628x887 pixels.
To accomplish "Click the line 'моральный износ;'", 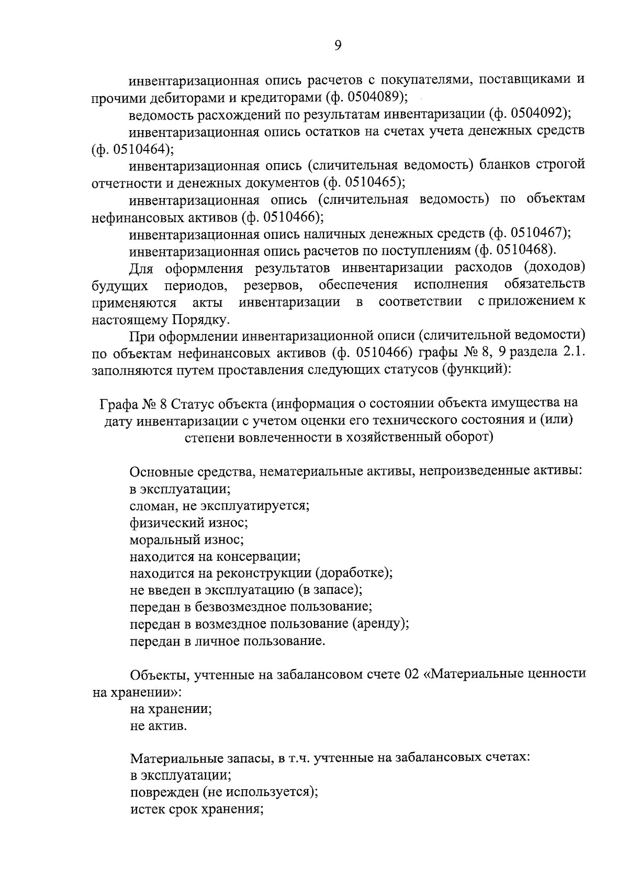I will point(187,539).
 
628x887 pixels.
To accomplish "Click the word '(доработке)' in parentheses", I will point(354,573).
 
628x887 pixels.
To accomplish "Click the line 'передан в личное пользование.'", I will point(228,641).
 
